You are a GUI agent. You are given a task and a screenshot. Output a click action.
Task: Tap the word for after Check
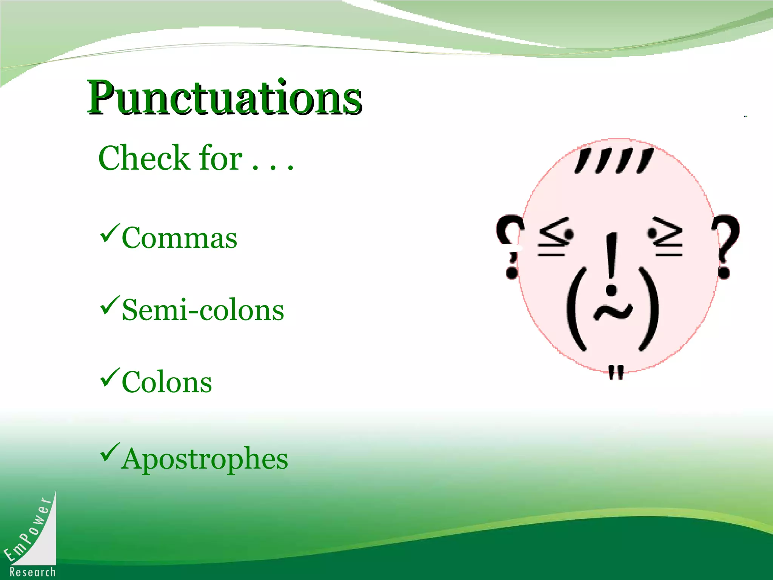[221, 158]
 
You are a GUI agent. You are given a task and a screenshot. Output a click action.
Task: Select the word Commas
[179, 238]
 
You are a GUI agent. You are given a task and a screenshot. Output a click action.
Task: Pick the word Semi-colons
[203, 310]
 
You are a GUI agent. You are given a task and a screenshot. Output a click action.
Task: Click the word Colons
[166, 382]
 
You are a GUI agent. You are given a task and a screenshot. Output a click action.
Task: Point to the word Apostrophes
[204, 458]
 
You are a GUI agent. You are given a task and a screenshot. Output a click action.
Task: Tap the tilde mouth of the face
[613, 311]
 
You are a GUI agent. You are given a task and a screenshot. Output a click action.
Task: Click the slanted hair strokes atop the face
[614, 160]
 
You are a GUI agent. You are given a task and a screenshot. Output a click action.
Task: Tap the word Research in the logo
[32, 572]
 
